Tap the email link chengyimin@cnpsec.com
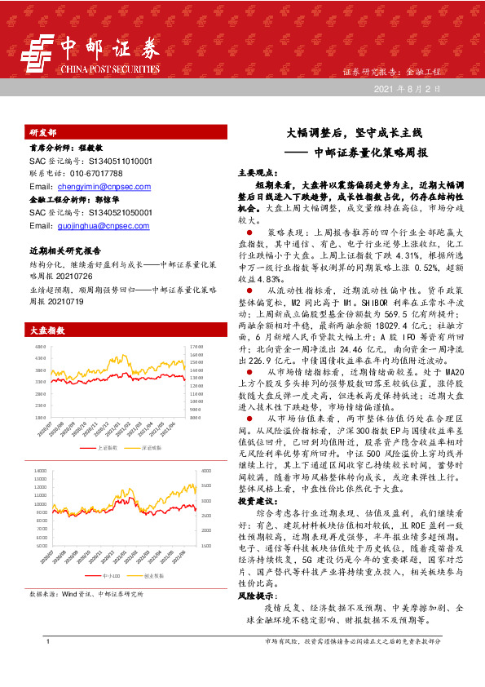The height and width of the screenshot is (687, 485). coord(100,187)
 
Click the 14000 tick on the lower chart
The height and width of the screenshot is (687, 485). coord(40,472)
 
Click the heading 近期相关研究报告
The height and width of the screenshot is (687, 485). coord(64,251)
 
